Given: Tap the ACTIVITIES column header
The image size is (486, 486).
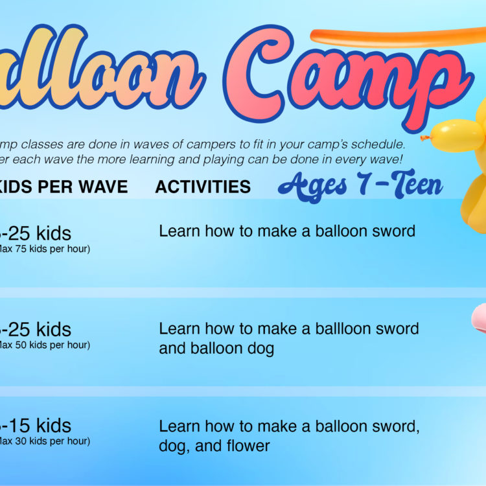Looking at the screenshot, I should click(203, 187).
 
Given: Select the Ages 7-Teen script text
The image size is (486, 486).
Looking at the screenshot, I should click(360, 186).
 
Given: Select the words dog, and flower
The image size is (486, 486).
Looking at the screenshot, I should click(214, 446).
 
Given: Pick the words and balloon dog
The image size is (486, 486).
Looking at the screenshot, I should click(216, 349).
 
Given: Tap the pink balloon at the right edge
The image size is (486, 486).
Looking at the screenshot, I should click(478, 319).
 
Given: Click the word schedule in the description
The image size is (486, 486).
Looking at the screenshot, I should click(377, 144).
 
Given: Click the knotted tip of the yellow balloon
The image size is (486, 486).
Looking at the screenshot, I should click(425, 137).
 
